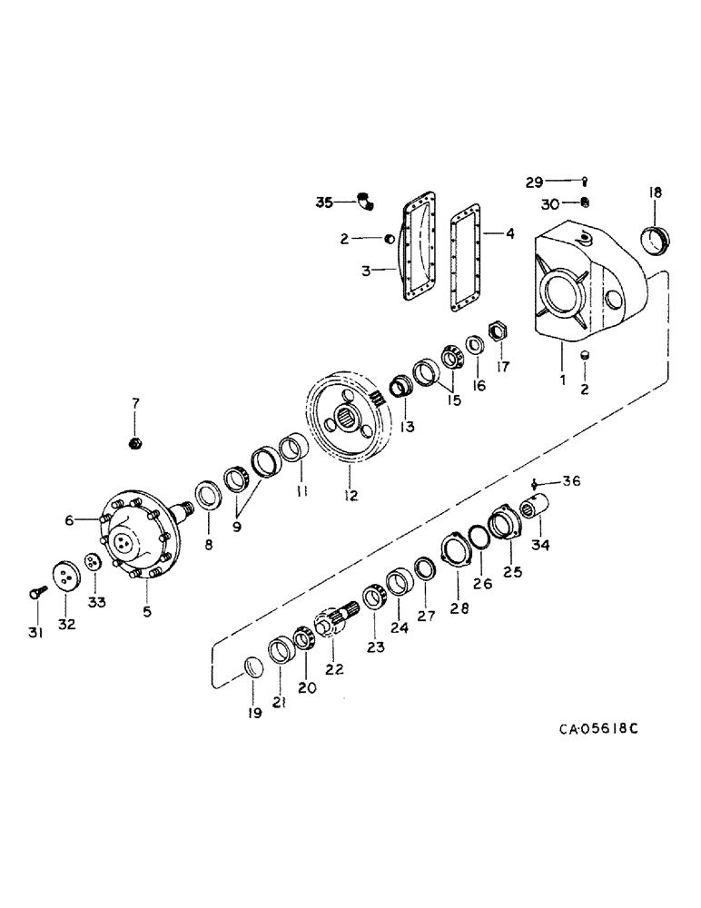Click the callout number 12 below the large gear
[x=350, y=496]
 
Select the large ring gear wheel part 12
[x=350, y=423]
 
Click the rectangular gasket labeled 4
[x=469, y=263]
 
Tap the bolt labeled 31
[x=35, y=591]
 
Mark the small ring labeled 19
[x=255, y=671]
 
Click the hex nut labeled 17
[x=496, y=331]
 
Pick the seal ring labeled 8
[x=207, y=497]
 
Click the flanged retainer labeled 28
[x=455, y=555]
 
